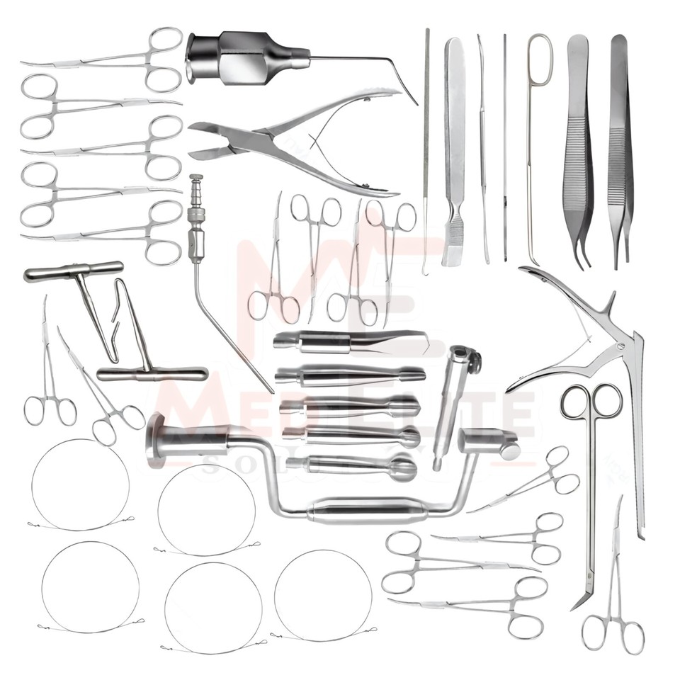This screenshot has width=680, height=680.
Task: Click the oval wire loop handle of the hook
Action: click(539, 53)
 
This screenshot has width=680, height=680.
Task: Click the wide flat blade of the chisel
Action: click(452, 244)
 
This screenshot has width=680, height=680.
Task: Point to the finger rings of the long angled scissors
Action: click(591, 402)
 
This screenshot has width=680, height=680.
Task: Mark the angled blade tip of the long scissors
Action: click(581, 599)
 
